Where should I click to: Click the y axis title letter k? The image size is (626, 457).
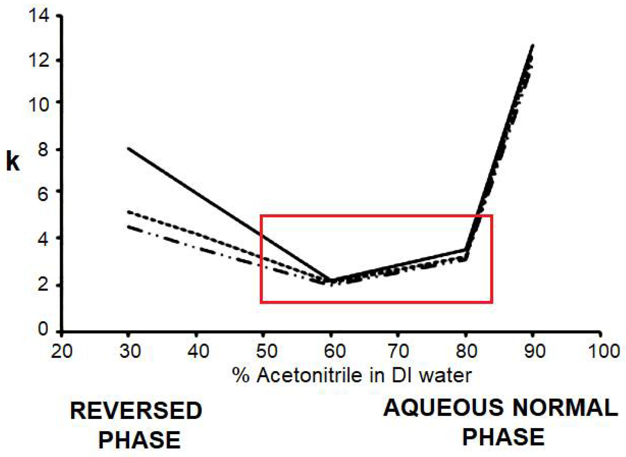click(13, 163)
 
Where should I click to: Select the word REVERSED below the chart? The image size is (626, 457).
click(136, 411)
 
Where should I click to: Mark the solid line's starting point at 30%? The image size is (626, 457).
click(129, 148)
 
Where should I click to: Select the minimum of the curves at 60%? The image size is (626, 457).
click(331, 282)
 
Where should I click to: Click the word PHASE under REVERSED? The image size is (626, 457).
click(139, 440)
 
